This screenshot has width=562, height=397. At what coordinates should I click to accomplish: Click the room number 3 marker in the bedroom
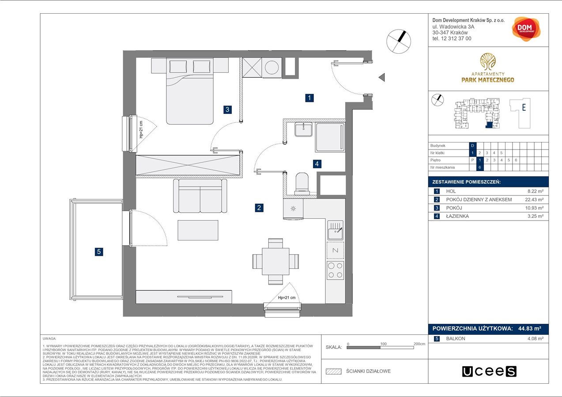pos(227,110)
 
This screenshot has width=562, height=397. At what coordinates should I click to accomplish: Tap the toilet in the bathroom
pos(302,183)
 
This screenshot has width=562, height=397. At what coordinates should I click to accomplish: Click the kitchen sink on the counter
pos(335,230)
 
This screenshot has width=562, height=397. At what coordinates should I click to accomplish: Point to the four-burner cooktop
pos(335,270)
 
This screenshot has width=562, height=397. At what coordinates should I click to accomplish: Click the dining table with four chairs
pos(275,261)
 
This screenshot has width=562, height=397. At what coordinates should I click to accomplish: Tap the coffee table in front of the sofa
pos(198,230)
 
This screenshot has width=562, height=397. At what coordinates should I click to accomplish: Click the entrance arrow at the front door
pos(381,78)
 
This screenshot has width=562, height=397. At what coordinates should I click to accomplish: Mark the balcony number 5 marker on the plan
pos(99,252)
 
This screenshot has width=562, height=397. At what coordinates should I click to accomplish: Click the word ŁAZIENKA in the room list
pos(457,217)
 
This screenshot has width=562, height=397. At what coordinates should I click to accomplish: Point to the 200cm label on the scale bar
pos(419,343)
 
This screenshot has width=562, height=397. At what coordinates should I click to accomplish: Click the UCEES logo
pos(489,371)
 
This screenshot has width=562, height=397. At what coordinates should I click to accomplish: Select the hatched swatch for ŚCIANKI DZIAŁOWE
pos(334,371)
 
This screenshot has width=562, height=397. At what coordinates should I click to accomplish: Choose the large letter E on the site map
pos(524,107)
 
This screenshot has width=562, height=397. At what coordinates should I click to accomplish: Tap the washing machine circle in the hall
pos(271,68)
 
